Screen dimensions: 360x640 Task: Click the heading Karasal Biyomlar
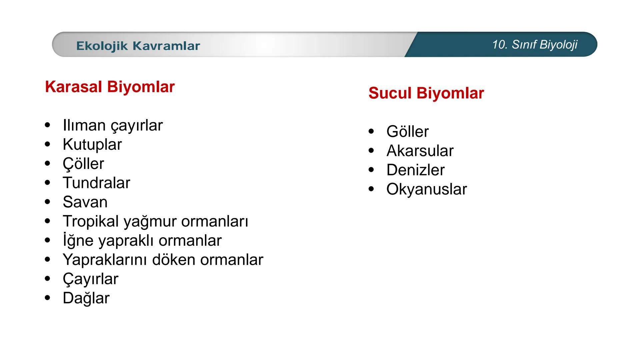(x=110, y=87)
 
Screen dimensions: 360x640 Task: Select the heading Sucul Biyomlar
(x=426, y=93)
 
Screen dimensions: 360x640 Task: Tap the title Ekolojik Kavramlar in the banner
(x=138, y=46)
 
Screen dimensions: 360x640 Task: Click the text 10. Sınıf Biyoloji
(x=535, y=44)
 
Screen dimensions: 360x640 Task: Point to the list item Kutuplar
(x=92, y=145)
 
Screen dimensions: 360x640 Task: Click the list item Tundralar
(x=96, y=183)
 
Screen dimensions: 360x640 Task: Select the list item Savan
(x=85, y=202)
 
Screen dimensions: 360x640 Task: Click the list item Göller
(x=407, y=132)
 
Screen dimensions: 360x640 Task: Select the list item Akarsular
(x=420, y=151)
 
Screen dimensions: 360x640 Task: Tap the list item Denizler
(x=415, y=170)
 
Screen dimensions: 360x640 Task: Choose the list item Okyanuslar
(x=427, y=189)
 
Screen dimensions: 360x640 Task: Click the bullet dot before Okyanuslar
(x=371, y=189)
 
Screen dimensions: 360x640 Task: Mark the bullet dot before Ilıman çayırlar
(x=47, y=125)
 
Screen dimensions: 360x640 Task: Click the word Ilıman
(x=84, y=126)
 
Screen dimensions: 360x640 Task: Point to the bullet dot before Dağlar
(x=47, y=297)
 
